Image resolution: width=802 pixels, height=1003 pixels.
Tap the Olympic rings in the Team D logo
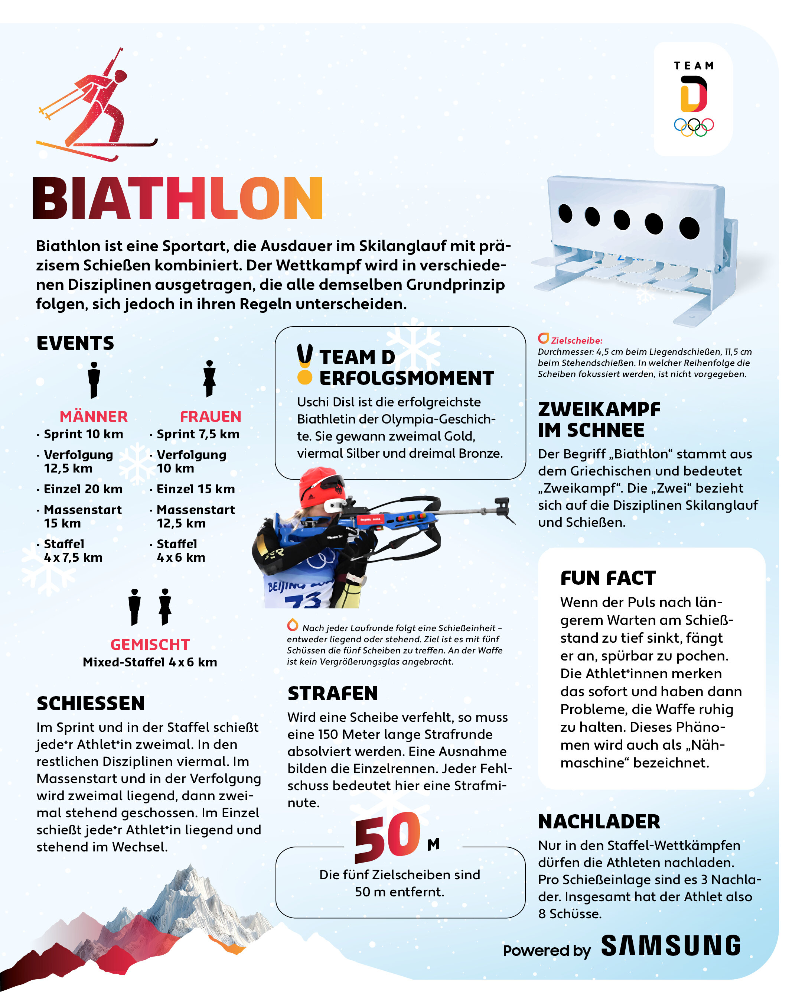[x=693, y=127]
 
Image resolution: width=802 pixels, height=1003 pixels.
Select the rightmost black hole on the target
[x=689, y=228]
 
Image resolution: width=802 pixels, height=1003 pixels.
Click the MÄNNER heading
[x=94, y=416]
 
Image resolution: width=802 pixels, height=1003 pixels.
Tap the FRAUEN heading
[x=210, y=416]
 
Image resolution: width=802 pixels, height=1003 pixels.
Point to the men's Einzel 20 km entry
[x=83, y=489]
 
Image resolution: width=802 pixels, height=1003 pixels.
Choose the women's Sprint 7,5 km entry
[x=198, y=434]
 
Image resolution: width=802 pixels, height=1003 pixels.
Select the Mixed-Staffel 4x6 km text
[x=150, y=662]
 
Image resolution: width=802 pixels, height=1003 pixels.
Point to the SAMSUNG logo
[x=671, y=946]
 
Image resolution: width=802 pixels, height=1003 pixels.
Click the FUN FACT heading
[x=608, y=578]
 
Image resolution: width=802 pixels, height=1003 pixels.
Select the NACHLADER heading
[x=599, y=822]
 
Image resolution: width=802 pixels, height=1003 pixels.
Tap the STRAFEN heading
[x=332, y=693]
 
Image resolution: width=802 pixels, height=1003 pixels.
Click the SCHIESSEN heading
[x=91, y=704]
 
